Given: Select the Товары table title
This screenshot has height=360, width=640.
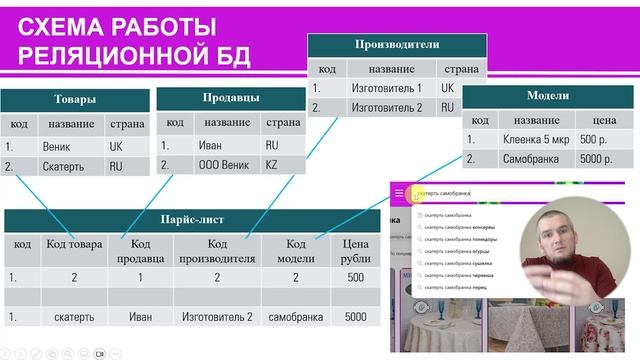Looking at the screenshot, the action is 75,99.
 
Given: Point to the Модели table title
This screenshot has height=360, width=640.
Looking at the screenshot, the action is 547,96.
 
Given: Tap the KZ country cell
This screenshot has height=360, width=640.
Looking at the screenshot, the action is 271,166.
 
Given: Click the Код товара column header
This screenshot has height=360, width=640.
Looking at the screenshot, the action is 74,246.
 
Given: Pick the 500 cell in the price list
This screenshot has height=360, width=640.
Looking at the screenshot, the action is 355,277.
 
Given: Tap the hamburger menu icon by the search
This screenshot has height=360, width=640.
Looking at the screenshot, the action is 399,193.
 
